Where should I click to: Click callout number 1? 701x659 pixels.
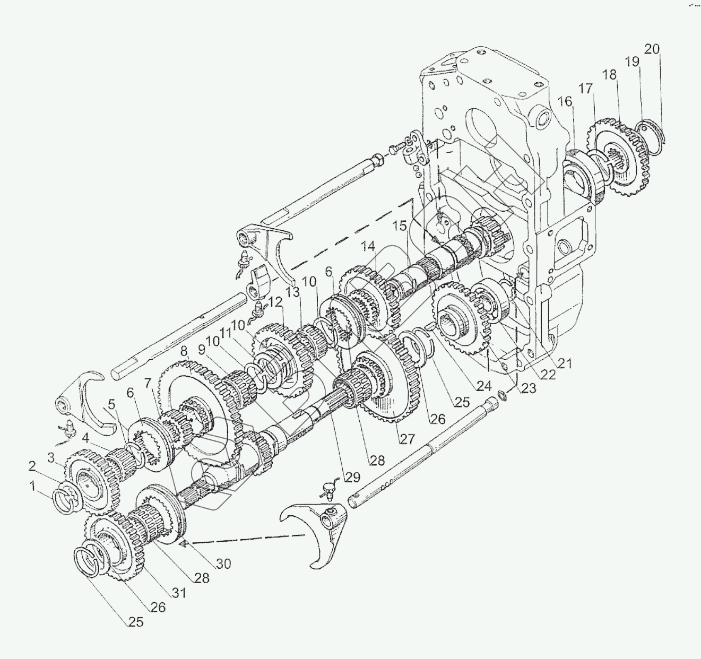tap(33, 485)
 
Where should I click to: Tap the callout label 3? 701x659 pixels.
tap(51, 457)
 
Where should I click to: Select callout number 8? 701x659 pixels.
tap(184, 351)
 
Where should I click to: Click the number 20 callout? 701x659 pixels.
tap(652, 49)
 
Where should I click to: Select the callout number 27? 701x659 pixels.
tap(408, 439)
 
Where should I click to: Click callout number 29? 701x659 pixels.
tap(352, 476)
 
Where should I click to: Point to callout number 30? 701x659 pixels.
tap(223, 563)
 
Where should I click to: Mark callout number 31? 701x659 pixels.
tap(179, 593)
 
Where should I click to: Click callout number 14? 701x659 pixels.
tap(368, 247)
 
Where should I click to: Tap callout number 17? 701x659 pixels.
tap(585, 89)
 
